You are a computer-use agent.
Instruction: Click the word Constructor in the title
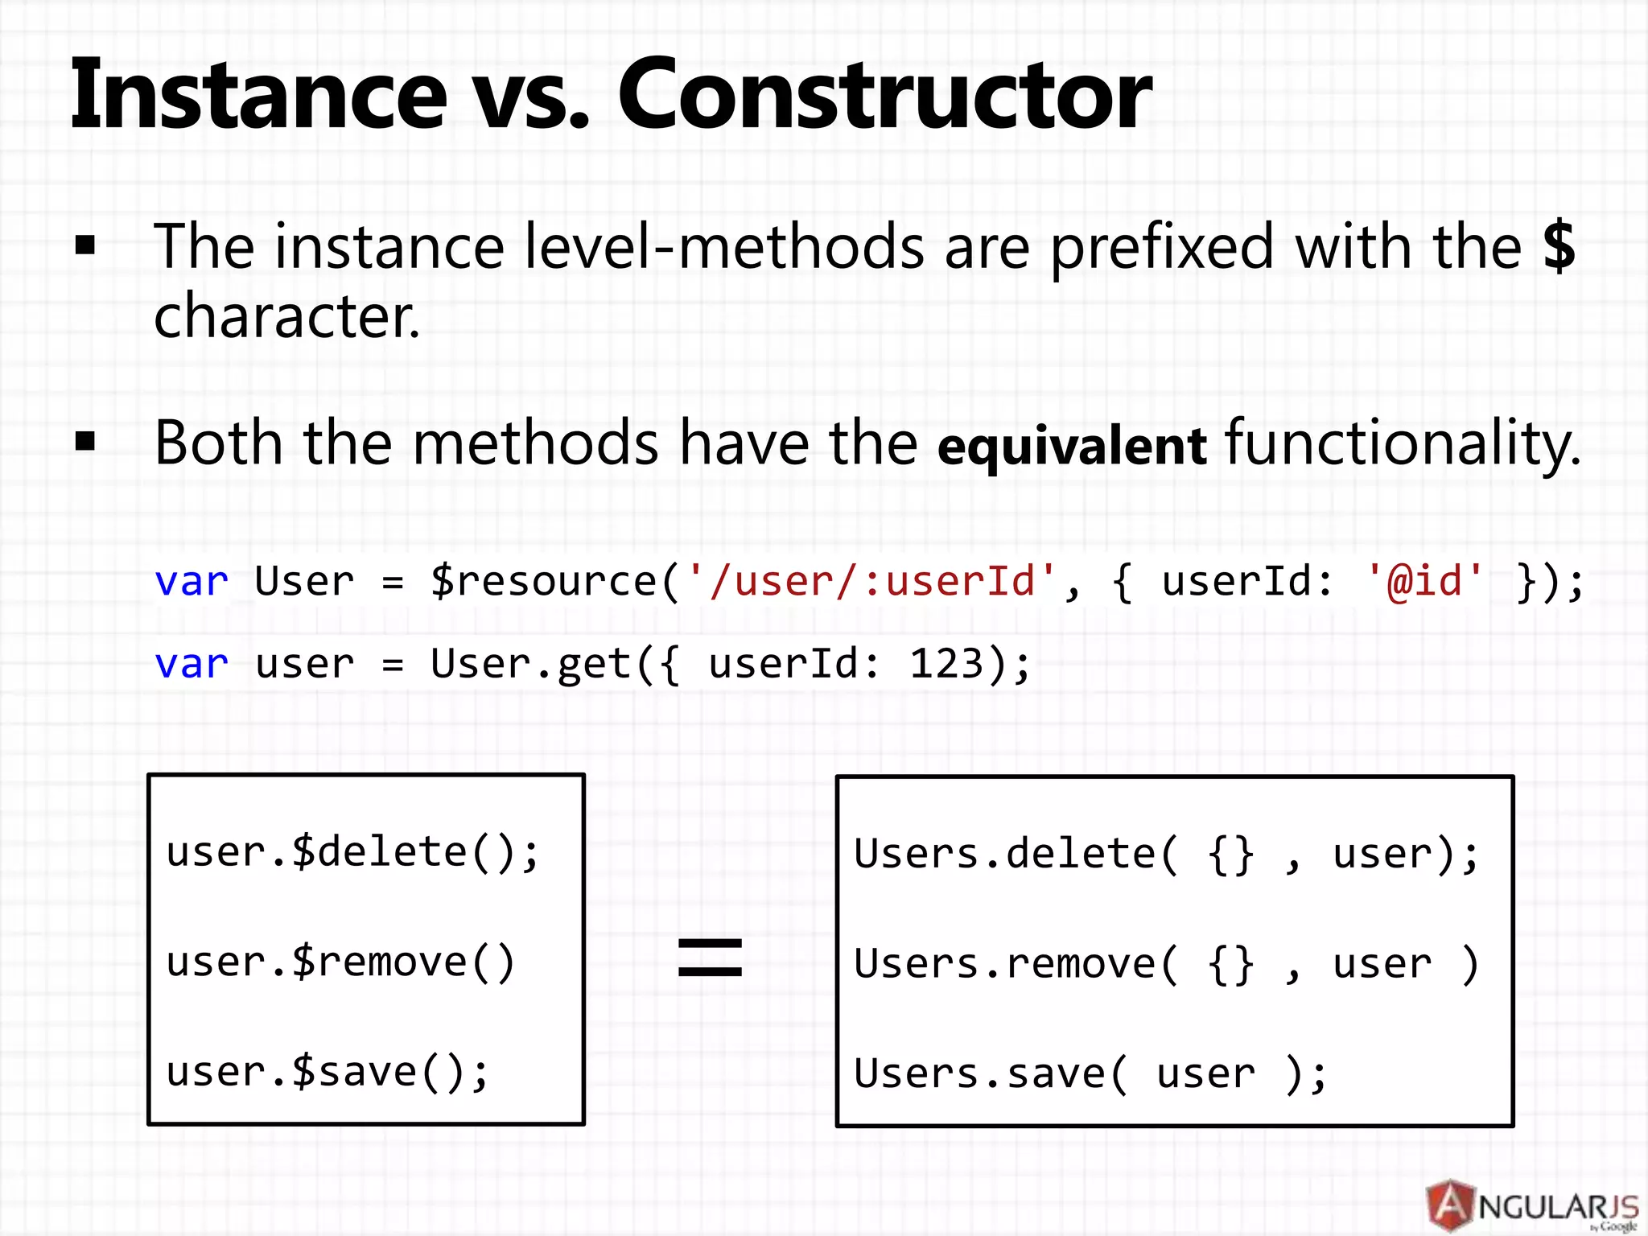884,95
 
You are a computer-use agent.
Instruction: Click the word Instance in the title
257,95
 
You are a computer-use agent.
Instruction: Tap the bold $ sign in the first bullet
1559,246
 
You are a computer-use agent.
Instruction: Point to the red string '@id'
1424,581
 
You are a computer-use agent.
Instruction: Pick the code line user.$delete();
352,853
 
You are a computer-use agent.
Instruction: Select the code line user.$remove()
340,962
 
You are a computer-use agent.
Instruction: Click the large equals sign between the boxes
710,958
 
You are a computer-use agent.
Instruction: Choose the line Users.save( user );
1090,1074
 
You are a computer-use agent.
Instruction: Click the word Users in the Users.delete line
916,855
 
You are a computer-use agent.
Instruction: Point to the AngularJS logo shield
1451,1205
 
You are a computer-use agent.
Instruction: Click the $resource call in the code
544,581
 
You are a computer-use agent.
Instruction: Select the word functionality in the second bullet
1402,444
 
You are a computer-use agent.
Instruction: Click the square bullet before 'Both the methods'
85,442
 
